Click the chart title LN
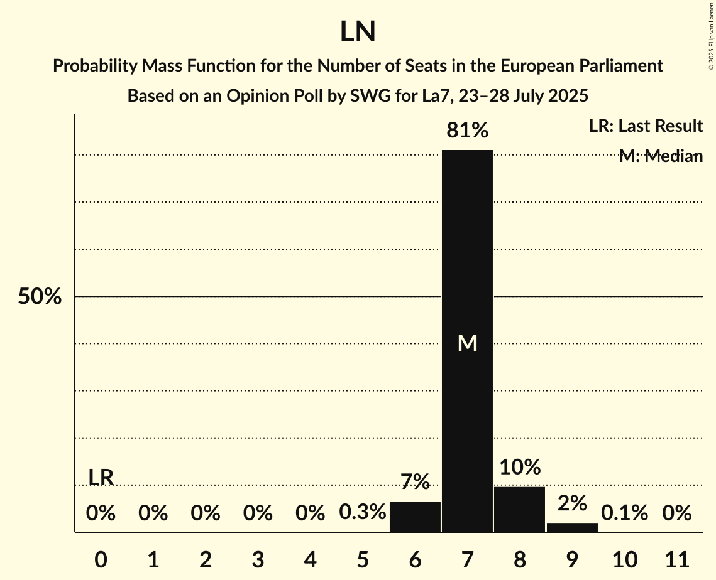[358, 33]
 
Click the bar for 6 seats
[415, 517]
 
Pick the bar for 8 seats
[519, 509]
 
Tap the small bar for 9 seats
[572, 527]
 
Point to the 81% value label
[467, 131]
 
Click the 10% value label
[520, 467]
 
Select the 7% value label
[415, 481]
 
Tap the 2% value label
[572, 503]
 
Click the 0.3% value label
[363, 513]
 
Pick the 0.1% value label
[624, 513]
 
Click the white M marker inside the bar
[467, 343]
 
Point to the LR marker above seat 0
[101, 477]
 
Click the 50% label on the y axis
[40, 297]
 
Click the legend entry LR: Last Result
[646, 126]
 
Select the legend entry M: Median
[661, 156]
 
